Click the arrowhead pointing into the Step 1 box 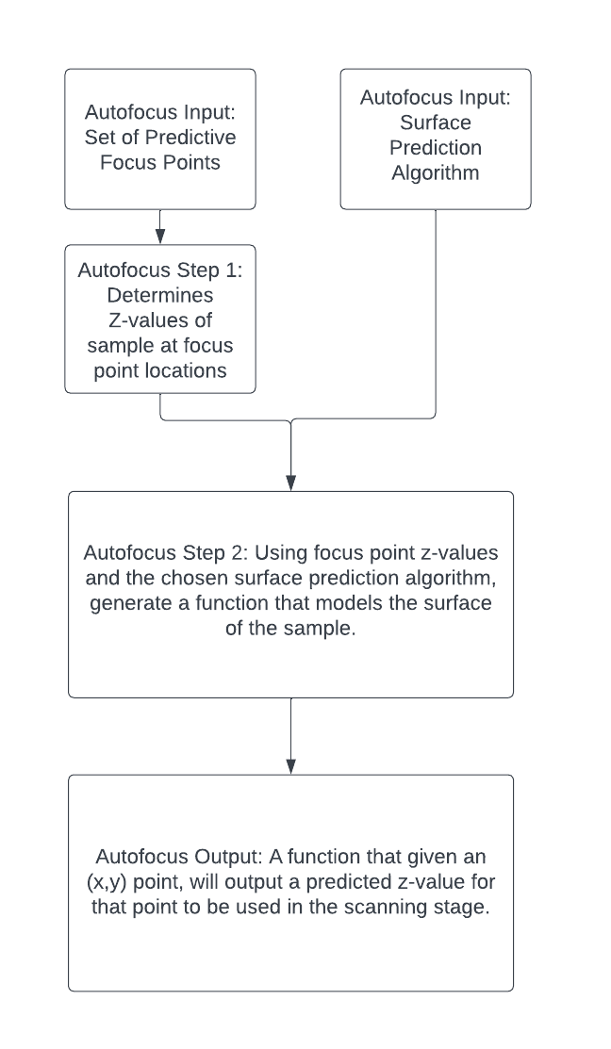click(x=160, y=238)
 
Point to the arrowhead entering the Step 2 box click(x=290, y=483)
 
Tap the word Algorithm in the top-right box click(x=436, y=172)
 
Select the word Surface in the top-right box click(x=436, y=123)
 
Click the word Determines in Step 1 click(x=160, y=295)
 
